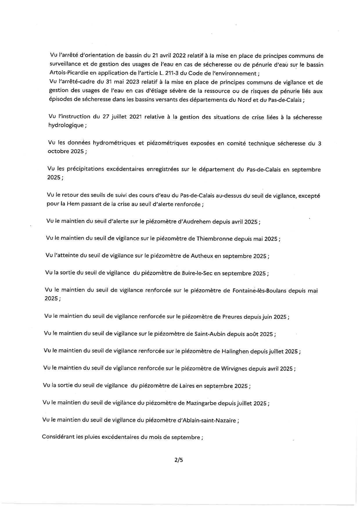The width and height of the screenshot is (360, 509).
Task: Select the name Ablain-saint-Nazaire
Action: pos(208,420)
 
